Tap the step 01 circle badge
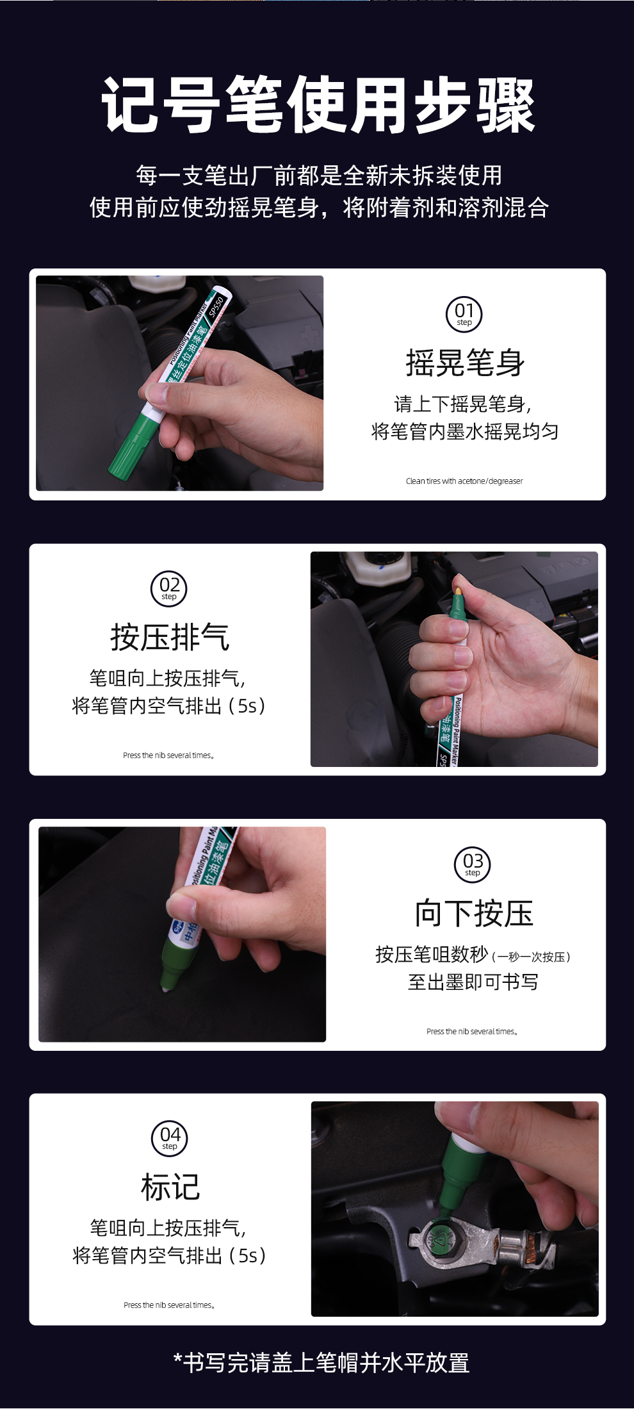(x=464, y=314)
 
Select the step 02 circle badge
(x=169, y=588)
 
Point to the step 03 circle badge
(x=473, y=864)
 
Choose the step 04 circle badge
(x=170, y=1138)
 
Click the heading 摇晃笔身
(x=465, y=363)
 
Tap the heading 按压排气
(x=170, y=638)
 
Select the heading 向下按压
(x=473, y=913)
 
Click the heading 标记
(x=170, y=1187)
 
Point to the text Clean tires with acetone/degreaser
(x=464, y=481)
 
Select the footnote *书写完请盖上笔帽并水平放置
(x=321, y=1362)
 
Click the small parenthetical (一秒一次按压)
(x=531, y=957)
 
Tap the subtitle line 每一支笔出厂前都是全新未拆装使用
(x=318, y=175)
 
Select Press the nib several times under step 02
(x=168, y=755)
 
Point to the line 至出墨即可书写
(x=473, y=982)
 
